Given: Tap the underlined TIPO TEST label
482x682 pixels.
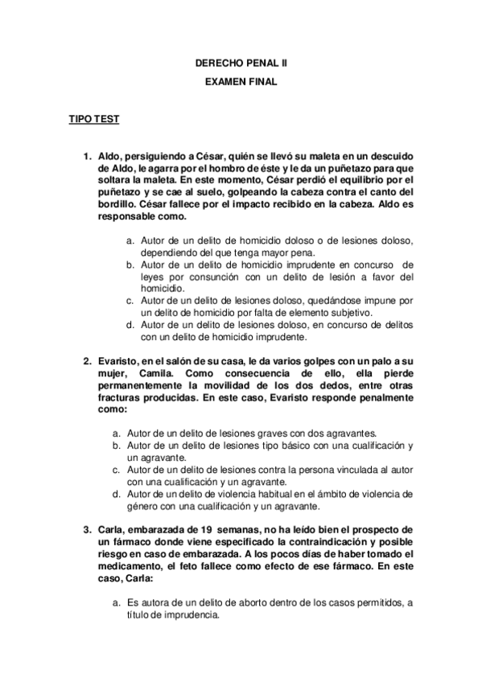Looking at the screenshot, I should pos(94,120).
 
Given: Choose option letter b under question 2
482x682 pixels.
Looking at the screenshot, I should pos(117,445).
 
